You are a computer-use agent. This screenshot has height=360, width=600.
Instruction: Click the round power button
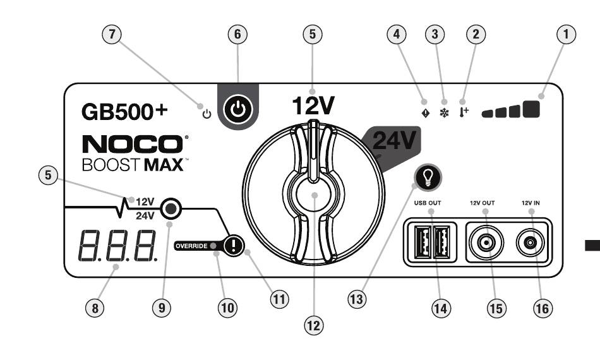coord(238,109)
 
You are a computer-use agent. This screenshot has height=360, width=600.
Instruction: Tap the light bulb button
coord(428,177)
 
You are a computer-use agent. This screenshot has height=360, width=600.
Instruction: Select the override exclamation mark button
coord(234,245)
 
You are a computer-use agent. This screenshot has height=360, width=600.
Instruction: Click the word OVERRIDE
coord(191,246)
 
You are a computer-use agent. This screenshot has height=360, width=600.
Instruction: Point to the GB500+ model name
coord(125,112)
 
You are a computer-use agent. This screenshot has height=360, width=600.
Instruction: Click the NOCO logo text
coord(133,144)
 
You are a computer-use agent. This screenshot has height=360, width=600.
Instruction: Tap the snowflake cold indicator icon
coord(444,113)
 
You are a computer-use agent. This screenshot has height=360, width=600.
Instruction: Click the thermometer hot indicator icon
coord(464,112)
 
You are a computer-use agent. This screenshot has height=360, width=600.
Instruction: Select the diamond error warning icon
coord(425,113)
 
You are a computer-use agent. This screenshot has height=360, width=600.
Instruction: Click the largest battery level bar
coord(531,109)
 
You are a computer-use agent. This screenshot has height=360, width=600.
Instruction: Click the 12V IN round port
coord(530,243)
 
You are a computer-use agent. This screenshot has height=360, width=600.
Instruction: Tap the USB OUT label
coord(428,203)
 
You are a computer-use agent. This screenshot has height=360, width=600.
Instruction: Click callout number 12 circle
coord(313,325)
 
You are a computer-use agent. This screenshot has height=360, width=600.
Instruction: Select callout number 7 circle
coord(111,34)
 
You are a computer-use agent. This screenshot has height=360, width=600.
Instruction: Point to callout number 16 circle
coord(543,308)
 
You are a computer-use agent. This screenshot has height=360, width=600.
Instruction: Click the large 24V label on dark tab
coord(394,140)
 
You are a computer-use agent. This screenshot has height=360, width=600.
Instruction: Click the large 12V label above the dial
coord(313,105)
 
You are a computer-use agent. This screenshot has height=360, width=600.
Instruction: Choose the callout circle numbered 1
coord(566,34)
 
